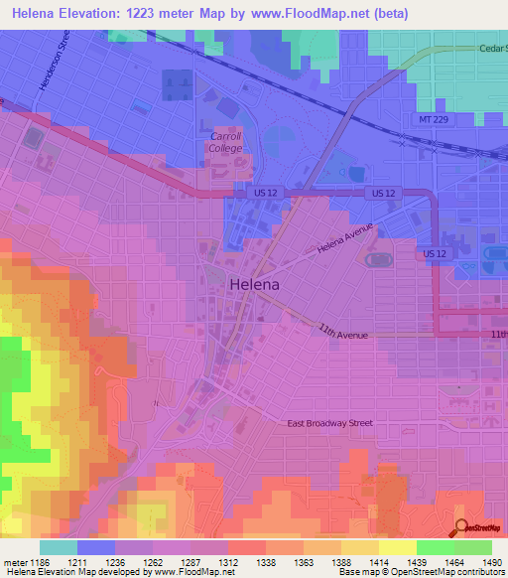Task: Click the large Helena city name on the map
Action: pos(254,284)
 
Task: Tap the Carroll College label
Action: pos(225,142)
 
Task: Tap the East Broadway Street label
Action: pos(330,423)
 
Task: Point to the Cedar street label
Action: pos(492,47)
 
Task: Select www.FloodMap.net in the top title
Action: pos(300,15)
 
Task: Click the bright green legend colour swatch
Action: pos(435,547)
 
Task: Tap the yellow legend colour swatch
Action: pos(397,547)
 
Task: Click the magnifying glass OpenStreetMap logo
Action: pos(462,526)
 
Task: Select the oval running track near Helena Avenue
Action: pos(377,260)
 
